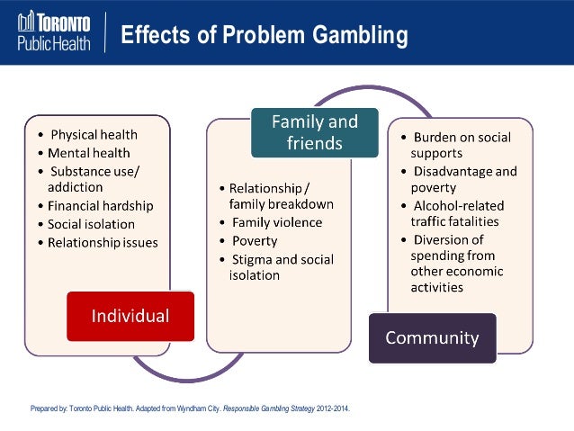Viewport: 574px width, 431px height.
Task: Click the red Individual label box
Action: (x=130, y=316)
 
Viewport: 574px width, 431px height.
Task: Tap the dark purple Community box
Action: (x=432, y=337)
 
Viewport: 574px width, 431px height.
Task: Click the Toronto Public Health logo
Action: (x=54, y=32)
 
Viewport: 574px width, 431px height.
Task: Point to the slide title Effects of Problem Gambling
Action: (x=264, y=36)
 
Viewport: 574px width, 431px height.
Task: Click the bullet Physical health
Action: (x=94, y=135)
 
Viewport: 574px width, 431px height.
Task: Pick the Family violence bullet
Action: (x=276, y=222)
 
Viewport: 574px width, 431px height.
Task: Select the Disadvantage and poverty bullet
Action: (x=464, y=179)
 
